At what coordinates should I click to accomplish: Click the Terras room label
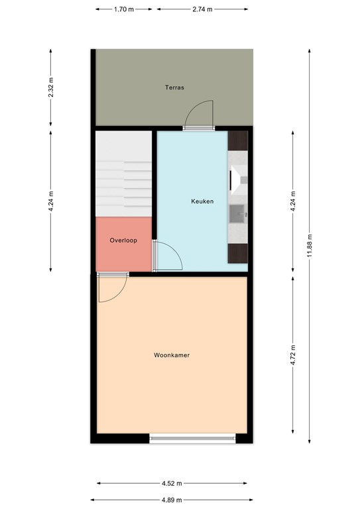click(x=174, y=87)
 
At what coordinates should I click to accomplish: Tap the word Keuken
click(x=202, y=201)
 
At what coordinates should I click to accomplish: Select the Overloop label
click(x=123, y=241)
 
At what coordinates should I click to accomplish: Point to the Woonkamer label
click(x=172, y=355)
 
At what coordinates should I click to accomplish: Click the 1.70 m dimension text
click(x=124, y=9)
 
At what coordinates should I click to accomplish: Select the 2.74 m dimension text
click(x=202, y=9)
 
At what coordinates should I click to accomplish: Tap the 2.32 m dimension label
click(x=50, y=87)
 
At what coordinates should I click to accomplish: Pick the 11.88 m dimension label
click(x=310, y=246)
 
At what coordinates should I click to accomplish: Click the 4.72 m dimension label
click(x=293, y=355)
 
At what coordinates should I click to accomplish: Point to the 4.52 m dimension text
click(x=172, y=483)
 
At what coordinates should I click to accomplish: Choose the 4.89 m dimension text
click(x=172, y=500)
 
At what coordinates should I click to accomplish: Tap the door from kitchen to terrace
click(x=199, y=115)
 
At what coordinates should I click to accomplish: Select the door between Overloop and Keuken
click(x=167, y=256)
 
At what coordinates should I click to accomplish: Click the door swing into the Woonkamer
click(x=112, y=288)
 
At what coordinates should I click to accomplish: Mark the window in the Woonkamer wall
click(x=192, y=439)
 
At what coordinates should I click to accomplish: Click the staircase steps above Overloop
click(x=124, y=174)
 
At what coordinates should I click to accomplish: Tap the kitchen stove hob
click(x=238, y=180)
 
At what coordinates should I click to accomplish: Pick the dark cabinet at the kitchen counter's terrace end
click(x=238, y=141)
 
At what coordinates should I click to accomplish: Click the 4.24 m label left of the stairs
click(x=50, y=201)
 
